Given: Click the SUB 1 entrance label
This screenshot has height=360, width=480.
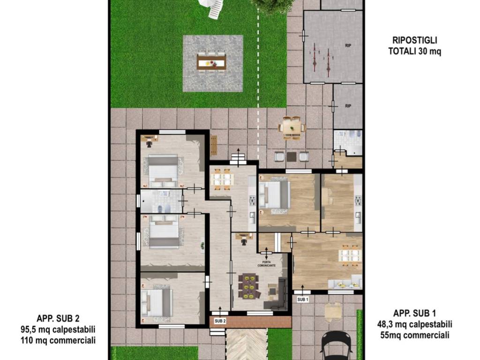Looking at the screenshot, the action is [303, 300].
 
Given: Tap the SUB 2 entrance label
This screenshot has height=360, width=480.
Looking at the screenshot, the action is [220, 321].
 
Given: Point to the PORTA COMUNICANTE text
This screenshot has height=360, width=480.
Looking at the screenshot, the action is [267, 263].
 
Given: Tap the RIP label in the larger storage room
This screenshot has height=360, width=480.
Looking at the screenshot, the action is [348, 45].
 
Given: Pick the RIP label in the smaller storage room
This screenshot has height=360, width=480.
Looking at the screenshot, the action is [348, 106].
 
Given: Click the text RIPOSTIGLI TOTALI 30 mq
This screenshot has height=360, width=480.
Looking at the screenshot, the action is [415, 46].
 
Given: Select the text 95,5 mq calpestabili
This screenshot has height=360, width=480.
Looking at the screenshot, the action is [58, 330].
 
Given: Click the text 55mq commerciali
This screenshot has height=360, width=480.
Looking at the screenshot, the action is [415, 335].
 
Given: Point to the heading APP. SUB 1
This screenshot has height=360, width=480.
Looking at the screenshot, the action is [415, 313].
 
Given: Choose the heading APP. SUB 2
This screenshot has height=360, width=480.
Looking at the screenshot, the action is [58, 319].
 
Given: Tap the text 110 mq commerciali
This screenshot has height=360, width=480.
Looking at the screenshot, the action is [58, 340].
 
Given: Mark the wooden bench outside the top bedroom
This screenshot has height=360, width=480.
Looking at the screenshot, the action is [214, 145].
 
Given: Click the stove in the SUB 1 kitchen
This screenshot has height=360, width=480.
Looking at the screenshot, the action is [358, 201].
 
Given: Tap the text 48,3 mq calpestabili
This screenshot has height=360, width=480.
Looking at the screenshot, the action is [415, 324].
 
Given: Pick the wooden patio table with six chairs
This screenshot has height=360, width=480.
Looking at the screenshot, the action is [292, 127].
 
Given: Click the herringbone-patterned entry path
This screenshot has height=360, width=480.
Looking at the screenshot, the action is [247, 345].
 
